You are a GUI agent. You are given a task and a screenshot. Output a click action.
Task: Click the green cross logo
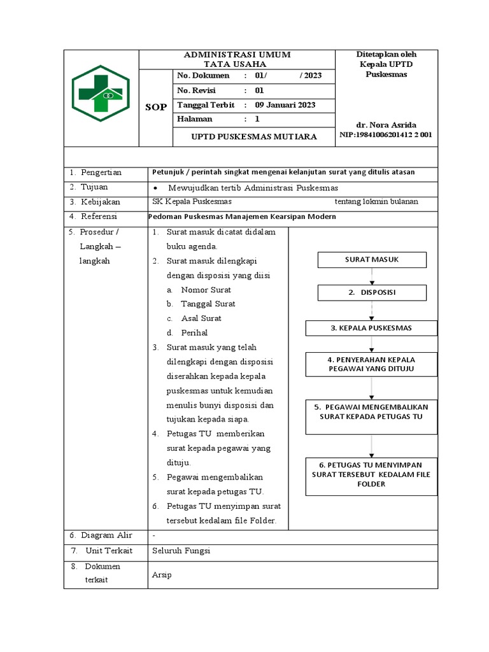pyautogui.click(x=101, y=93)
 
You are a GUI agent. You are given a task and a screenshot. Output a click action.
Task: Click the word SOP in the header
pyautogui.click(x=156, y=107)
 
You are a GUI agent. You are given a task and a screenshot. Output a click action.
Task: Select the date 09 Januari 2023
pyautogui.click(x=285, y=105)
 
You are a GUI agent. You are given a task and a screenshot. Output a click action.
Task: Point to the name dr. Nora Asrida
pyautogui.click(x=387, y=125)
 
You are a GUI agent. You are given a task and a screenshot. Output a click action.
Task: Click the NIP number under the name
pyautogui.click(x=386, y=135)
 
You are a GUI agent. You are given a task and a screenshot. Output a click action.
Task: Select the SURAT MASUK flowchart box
pyautogui.click(x=372, y=260)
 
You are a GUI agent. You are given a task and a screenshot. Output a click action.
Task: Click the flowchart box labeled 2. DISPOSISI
pyautogui.click(x=372, y=292)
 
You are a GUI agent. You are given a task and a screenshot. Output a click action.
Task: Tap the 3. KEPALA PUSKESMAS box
pyautogui.click(x=371, y=328)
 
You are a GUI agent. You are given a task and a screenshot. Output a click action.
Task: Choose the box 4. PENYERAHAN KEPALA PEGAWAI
pyautogui.click(x=371, y=364)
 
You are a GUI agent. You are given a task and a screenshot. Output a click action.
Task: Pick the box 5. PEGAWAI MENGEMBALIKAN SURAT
pyautogui.click(x=371, y=416)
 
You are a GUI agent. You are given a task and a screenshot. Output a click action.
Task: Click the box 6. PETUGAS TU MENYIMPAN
pyautogui.click(x=371, y=476)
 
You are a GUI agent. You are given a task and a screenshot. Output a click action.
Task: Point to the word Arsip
pyautogui.click(x=162, y=575)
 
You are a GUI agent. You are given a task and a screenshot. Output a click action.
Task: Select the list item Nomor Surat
pyautogui.click(x=206, y=290)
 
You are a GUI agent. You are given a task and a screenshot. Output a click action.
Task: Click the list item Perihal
pyautogui.click(x=194, y=332)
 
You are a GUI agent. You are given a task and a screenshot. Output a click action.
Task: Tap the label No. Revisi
pyautogui.click(x=197, y=90)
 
